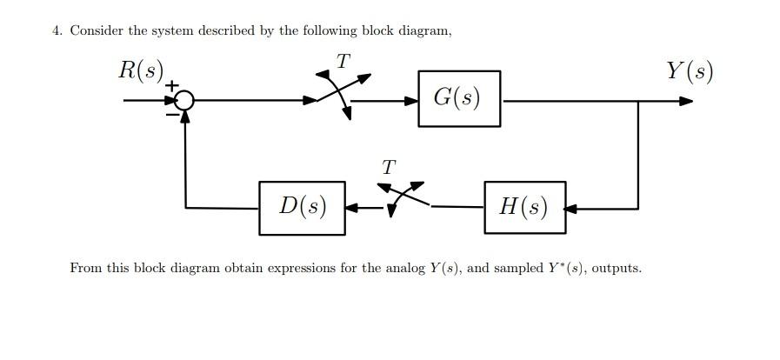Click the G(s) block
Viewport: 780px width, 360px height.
click(x=458, y=98)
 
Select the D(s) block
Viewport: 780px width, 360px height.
click(x=302, y=208)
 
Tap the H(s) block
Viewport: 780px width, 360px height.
click(x=524, y=208)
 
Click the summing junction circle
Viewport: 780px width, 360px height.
click(x=184, y=101)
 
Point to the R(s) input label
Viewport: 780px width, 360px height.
click(x=141, y=70)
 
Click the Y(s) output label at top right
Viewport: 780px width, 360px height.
click(x=690, y=70)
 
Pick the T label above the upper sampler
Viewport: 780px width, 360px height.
click(x=343, y=62)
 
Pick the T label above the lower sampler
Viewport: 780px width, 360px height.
click(x=389, y=165)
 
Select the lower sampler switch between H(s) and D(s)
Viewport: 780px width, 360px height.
click(x=403, y=199)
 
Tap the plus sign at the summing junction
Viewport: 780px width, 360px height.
click(x=171, y=86)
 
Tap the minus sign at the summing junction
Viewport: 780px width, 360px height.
click(x=172, y=113)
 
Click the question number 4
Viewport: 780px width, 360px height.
click(x=57, y=31)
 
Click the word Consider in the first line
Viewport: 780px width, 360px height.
click(x=97, y=31)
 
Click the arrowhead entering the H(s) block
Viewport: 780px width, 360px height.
click(x=570, y=209)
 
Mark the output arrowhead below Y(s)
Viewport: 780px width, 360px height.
click(x=686, y=101)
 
